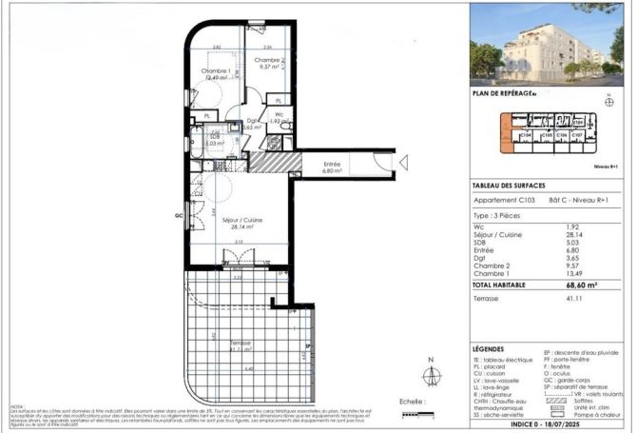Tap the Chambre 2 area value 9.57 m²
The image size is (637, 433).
[265, 68]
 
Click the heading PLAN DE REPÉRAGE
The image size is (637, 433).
[503, 93]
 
